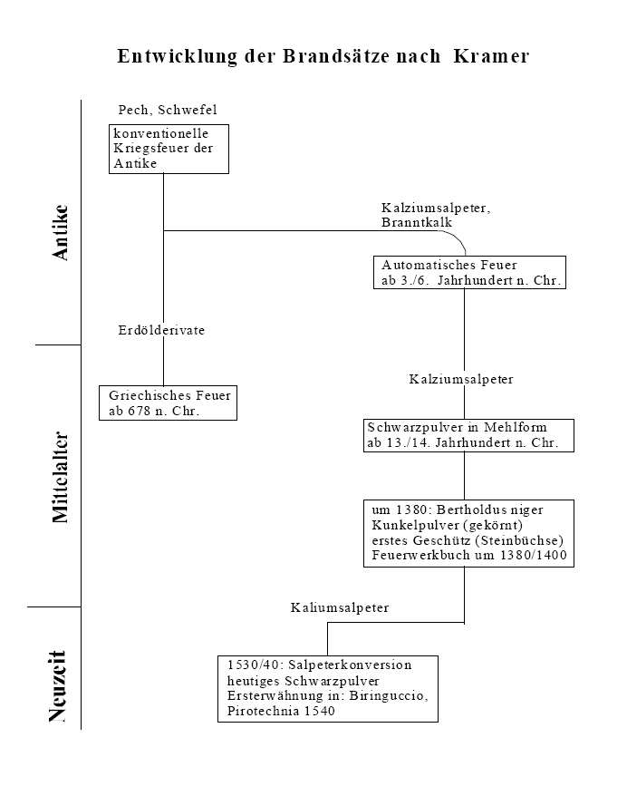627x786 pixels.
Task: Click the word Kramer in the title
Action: [x=491, y=56]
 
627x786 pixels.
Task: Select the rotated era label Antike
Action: [x=60, y=233]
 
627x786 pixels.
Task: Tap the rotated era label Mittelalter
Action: [x=60, y=477]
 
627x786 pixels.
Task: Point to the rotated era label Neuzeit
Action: [x=57, y=685]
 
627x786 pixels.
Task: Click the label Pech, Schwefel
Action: [x=168, y=110]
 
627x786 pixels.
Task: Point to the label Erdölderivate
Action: [x=161, y=330]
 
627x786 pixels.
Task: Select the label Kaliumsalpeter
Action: [x=340, y=607]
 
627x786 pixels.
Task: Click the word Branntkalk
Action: [x=417, y=222]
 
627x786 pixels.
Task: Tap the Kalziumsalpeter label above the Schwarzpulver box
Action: [x=461, y=379]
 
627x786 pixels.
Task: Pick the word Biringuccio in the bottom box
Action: [x=388, y=695]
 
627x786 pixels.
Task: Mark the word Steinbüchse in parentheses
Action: [x=519, y=540]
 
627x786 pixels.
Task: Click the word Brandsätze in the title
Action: [x=336, y=56]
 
